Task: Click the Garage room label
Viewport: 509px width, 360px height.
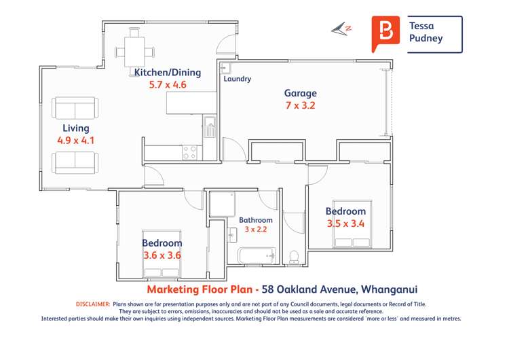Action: [300, 93]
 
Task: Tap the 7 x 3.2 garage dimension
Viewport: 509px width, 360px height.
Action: [300, 105]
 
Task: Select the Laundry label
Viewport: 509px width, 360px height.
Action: [237, 79]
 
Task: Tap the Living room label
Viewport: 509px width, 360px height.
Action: [75, 128]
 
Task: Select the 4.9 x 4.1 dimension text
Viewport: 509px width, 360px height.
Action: [75, 141]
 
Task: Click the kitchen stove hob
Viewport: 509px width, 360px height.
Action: [189, 153]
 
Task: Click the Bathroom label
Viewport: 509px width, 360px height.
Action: [256, 220]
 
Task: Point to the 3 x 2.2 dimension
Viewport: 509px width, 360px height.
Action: [257, 230]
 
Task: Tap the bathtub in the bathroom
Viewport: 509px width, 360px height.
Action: [256, 256]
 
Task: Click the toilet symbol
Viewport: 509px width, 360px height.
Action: [295, 257]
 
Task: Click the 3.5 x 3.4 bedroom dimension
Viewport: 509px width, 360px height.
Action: [345, 222]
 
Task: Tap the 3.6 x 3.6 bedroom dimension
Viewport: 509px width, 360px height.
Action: [162, 255]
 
